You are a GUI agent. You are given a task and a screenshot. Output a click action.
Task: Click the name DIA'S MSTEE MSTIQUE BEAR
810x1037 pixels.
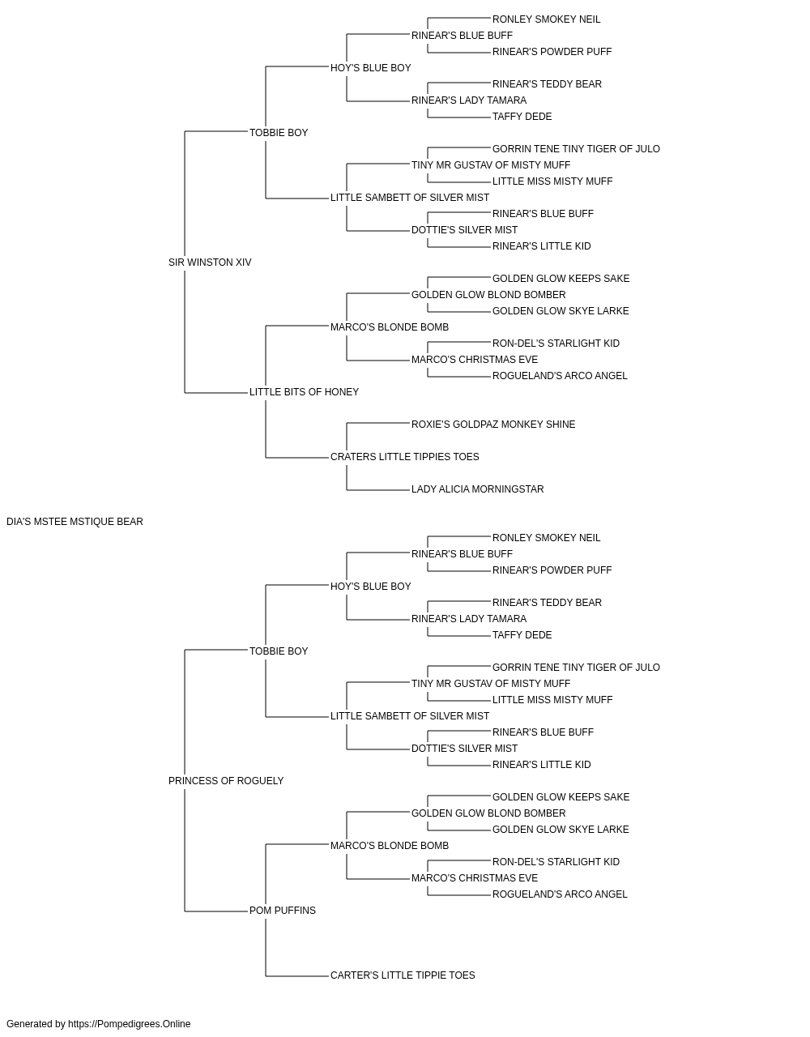[x=75, y=522]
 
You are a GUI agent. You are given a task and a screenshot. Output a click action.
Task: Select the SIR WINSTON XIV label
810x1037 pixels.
[x=210, y=262]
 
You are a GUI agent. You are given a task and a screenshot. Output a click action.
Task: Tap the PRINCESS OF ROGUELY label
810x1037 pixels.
[x=226, y=781]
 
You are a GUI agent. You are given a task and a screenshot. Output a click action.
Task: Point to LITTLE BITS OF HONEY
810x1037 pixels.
[x=304, y=392]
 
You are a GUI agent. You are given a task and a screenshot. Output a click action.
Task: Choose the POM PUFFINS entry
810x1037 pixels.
[x=283, y=911]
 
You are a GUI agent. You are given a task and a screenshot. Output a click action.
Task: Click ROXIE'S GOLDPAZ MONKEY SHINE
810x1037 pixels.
[x=493, y=425]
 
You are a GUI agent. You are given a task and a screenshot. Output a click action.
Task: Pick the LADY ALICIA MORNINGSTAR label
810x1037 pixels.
[x=478, y=489]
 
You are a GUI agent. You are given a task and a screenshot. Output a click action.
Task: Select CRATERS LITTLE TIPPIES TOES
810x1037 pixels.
[x=404, y=457]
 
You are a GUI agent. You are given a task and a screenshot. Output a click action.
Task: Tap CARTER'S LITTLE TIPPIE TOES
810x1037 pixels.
[x=403, y=975]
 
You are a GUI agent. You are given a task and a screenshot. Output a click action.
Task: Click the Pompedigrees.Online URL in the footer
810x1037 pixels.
[x=130, y=1024]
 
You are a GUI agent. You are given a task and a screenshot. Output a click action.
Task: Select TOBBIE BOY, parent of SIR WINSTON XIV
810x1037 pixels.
[x=279, y=133]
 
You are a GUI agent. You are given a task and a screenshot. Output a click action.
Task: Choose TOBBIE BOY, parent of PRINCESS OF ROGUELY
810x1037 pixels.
[x=279, y=651]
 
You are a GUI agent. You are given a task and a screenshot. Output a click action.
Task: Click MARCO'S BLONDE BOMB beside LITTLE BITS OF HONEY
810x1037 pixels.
[x=390, y=327]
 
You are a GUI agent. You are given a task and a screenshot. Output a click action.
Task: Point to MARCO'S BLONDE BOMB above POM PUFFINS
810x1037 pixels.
[x=390, y=846]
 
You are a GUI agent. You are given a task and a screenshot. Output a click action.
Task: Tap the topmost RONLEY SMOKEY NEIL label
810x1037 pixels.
[x=546, y=19]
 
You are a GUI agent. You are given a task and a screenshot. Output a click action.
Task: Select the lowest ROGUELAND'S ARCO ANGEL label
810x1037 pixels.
[x=560, y=894]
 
